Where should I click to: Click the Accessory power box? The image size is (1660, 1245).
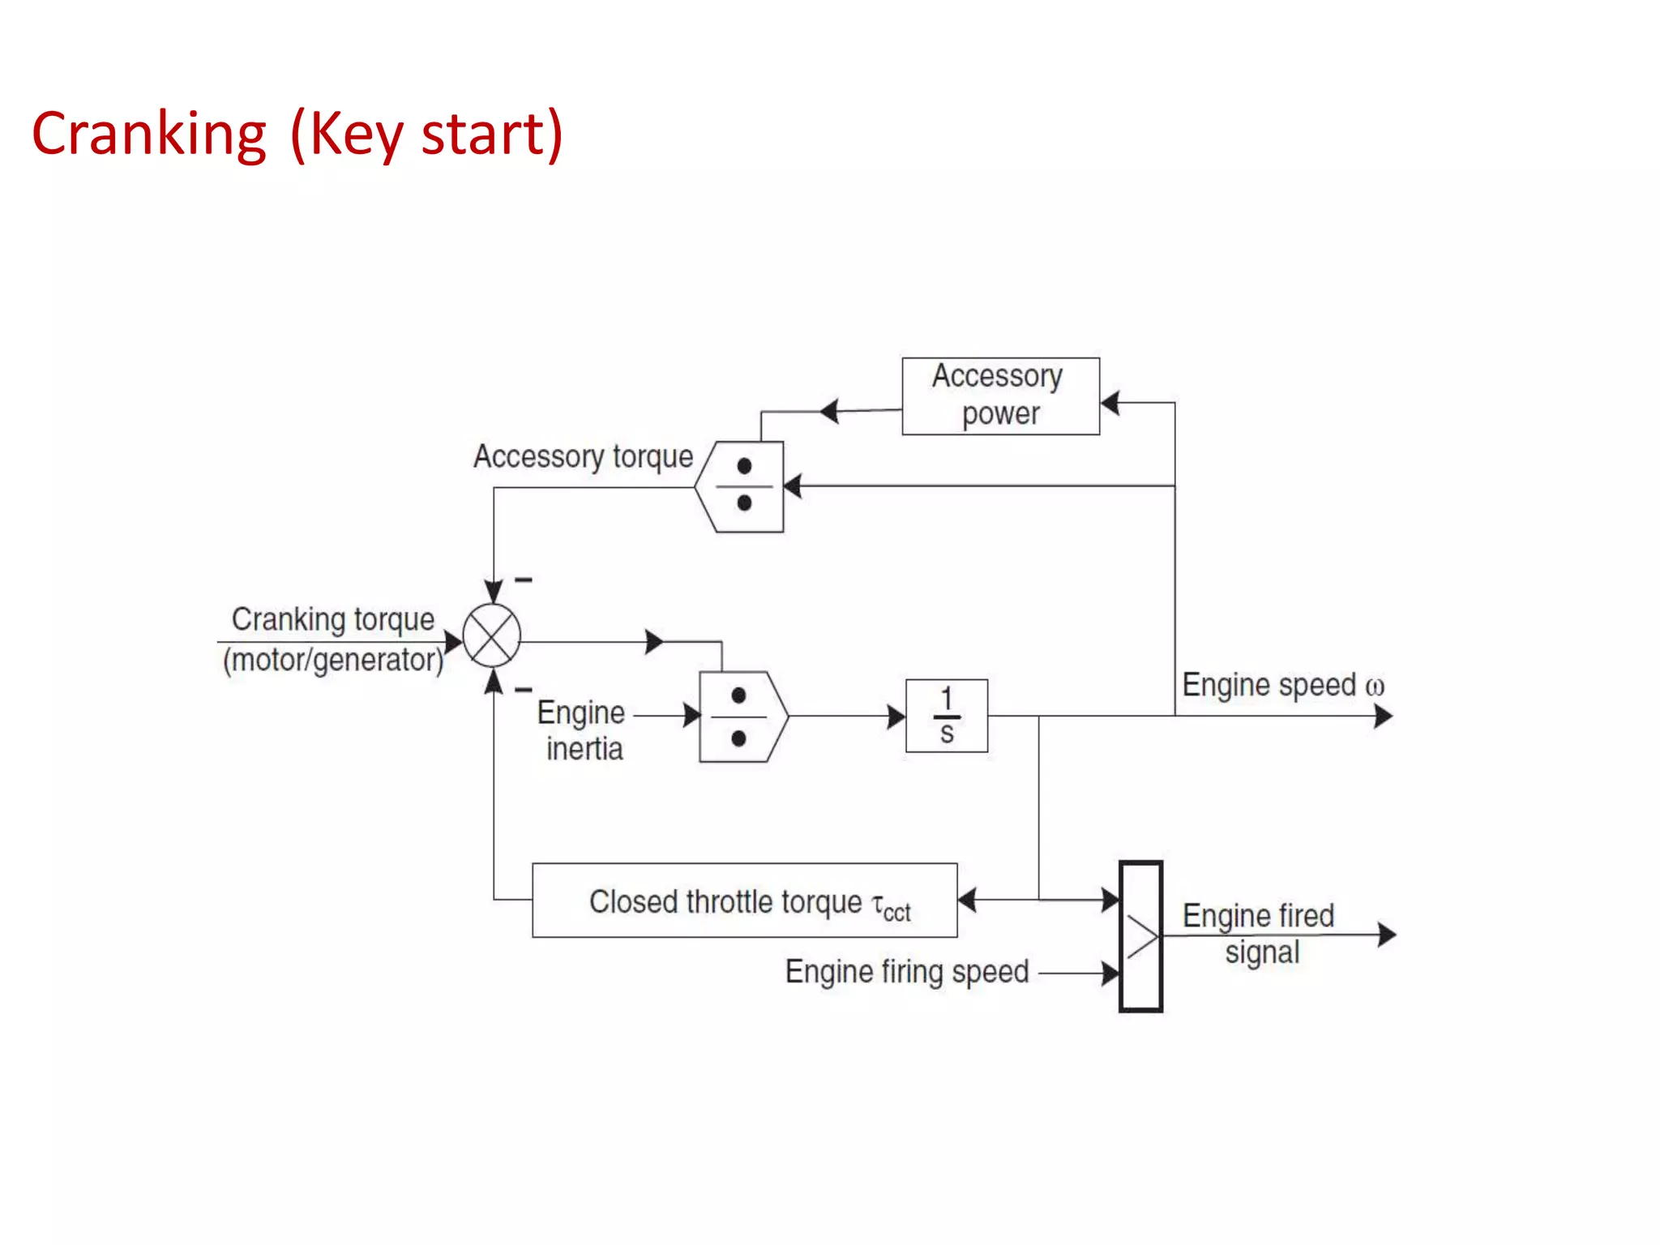tap(1000, 396)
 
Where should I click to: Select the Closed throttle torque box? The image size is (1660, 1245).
tap(744, 901)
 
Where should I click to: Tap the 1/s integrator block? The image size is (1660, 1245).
tap(946, 716)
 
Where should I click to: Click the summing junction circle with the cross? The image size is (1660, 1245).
tap(492, 635)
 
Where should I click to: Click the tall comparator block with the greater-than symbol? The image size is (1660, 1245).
tap(1140, 936)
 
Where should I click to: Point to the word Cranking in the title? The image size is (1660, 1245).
tap(149, 134)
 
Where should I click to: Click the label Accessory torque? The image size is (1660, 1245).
tap(583, 456)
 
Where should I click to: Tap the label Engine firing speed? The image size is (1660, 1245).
tap(906, 971)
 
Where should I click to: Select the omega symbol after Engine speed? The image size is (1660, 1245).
tap(1375, 687)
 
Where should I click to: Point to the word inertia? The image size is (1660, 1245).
tap(584, 749)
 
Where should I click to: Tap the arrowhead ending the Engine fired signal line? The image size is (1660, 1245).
tap(1387, 935)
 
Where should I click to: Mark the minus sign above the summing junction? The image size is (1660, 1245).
tap(524, 580)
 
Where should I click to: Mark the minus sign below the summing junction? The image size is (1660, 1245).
tap(524, 690)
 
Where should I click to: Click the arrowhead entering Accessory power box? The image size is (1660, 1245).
tap(1110, 402)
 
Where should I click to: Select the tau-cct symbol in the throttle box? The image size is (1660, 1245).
tap(891, 905)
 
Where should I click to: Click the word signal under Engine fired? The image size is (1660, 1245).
tap(1262, 952)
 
